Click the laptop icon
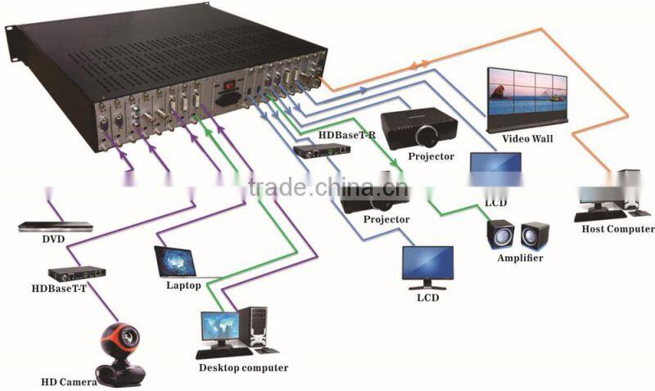(x=179, y=262)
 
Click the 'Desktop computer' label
(x=243, y=368)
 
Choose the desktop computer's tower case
(x=256, y=330)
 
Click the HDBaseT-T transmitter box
(x=75, y=272)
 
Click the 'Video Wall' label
(x=526, y=139)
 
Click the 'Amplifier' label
(x=520, y=258)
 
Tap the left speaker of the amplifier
(x=500, y=235)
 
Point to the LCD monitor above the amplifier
(x=495, y=169)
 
